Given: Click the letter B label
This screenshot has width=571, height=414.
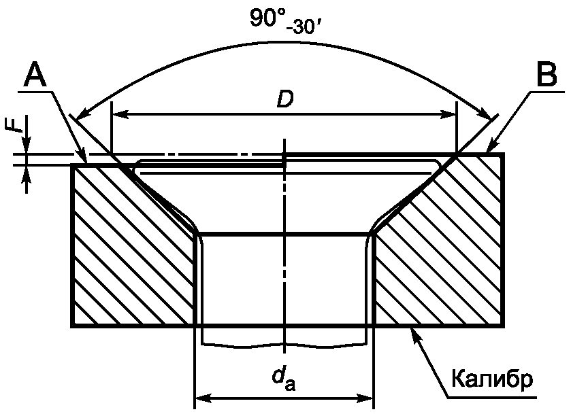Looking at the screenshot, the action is (546, 75).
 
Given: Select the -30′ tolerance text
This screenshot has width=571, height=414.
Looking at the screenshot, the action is (303, 28).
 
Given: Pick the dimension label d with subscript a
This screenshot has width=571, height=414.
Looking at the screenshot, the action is (283, 379).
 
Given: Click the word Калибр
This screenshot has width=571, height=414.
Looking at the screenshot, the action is (492, 379).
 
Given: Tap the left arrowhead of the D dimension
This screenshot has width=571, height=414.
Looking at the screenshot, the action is (120, 114).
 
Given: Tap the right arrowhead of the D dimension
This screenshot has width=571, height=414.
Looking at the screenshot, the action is (448, 114).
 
